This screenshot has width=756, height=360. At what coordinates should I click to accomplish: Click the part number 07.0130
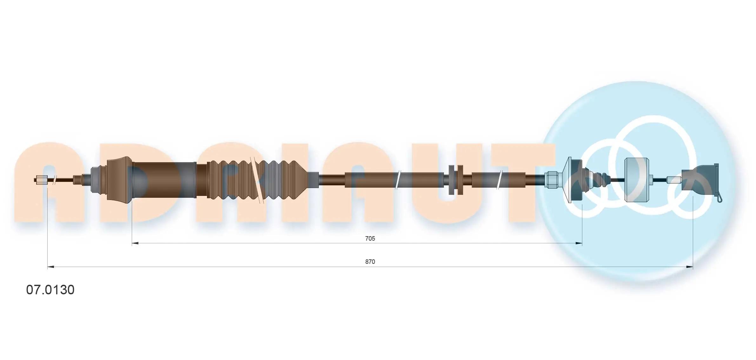pyautogui.click(x=50, y=290)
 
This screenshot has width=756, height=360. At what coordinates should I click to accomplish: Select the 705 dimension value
pyautogui.click(x=370, y=238)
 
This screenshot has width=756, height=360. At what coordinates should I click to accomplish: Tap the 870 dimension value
pyautogui.click(x=370, y=262)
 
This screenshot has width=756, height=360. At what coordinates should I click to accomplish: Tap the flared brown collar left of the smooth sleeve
pyautogui.click(x=119, y=178)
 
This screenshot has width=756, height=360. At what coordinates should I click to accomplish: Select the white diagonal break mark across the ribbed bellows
pyautogui.click(x=257, y=180)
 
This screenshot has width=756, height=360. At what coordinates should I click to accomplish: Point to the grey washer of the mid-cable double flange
pyautogui.click(x=452, y=180)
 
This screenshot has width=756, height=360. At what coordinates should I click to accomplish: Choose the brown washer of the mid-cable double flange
pyautogui.click(x=459, y=180)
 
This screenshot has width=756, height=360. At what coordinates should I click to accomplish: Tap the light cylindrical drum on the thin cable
pyautogui.click(x=636, y=180)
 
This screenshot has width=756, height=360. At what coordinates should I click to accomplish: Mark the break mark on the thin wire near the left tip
pyautogui.click(x=55, y=180)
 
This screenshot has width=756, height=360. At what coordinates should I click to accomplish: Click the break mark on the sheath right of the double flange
pyautogui.click(x=500, y=180)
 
